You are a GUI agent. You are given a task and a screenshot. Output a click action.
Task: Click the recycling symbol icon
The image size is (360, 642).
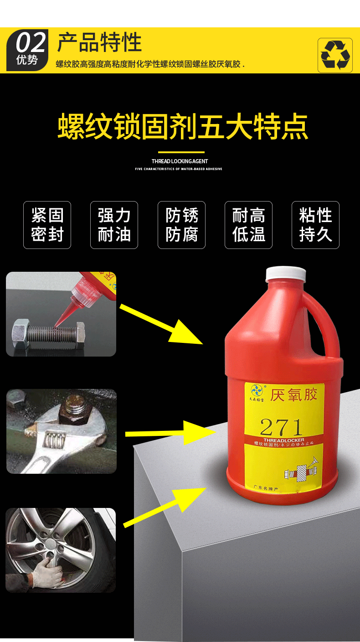point(335,55)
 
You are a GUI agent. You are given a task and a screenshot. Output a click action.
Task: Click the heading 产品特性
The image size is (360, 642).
point(99,42)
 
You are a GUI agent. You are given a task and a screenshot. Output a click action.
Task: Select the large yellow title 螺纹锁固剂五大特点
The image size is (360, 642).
point(183,127)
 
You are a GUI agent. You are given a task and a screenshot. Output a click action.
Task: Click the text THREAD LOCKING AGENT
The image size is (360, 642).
point(180,161)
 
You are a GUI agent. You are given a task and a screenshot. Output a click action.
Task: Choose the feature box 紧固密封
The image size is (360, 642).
point(47,225)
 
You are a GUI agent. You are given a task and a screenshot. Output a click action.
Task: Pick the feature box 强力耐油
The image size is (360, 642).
point(114,225)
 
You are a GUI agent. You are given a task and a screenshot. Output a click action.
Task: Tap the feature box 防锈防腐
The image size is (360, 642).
point(181,225)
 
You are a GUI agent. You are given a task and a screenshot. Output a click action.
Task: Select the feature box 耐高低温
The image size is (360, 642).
point(248,225)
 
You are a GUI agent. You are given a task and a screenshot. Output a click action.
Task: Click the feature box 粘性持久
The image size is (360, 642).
point(315,225)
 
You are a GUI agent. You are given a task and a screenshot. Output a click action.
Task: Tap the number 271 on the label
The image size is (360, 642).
point(281,427)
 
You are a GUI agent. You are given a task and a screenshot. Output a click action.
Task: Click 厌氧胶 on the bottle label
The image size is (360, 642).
point(293,394)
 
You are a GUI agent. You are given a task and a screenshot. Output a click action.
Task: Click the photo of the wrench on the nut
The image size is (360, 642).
point(61,431)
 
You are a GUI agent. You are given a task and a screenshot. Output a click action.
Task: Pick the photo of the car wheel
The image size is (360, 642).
point(61,550)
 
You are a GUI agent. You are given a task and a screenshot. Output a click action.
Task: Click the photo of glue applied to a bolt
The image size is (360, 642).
point(61,314)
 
